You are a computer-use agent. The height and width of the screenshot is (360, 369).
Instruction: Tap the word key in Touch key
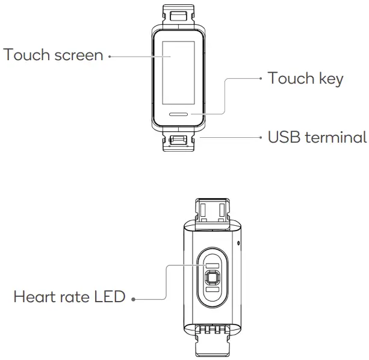pyautogui.click(x=331, y=79)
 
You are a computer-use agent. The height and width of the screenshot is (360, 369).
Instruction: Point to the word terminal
pyautogui.click(x=336, y=137)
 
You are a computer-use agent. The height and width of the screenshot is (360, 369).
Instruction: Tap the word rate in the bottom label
pyautogui.click(x=75, y=297)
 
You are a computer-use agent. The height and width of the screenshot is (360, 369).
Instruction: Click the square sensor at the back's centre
pyautogui.click(x=212, y=277)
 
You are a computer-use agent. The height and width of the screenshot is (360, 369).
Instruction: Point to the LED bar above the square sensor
pyautogui.click(x=212, y=263)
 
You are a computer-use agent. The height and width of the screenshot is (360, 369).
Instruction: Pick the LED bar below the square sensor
pyautogui.click(x=212, y=291)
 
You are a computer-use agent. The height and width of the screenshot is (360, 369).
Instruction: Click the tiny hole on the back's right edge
pyautogui.click(x=240, y=244)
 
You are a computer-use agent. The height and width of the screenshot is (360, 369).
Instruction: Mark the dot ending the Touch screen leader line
pyautogui.click(x=110, y=57)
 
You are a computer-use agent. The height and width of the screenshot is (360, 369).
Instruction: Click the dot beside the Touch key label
pyautogui.click(x=260, y=79)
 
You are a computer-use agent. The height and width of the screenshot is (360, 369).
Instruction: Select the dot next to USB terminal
pyautogui.click(x=260, y=137)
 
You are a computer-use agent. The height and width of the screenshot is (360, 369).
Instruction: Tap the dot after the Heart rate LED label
pyautogui.click(x=132, y=299)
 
